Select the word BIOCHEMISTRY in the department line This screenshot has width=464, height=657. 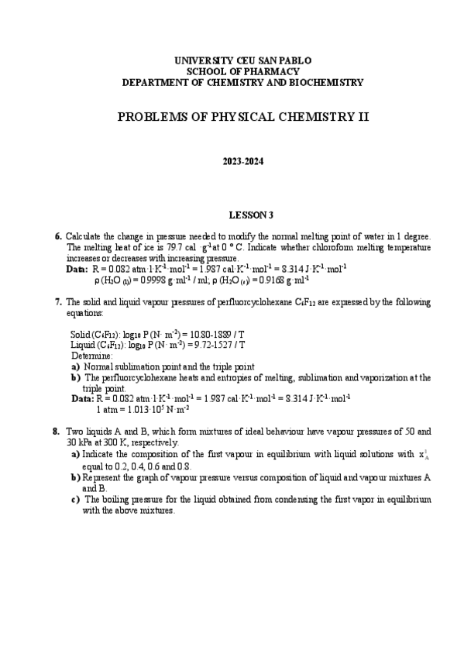(x=325, y=81)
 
